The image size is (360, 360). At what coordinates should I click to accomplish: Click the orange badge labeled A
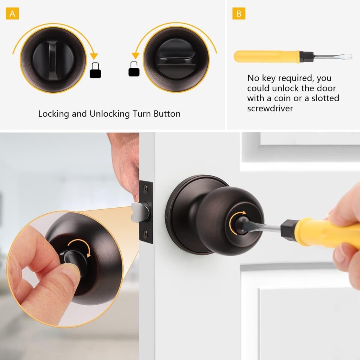coord(12,14)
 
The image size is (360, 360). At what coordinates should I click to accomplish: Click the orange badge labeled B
coord(239,14)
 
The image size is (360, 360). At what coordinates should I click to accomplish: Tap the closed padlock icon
coord(95,71)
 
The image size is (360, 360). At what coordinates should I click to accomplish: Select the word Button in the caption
coord(166,114)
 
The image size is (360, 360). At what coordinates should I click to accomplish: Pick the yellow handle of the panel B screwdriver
coord(266,56)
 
